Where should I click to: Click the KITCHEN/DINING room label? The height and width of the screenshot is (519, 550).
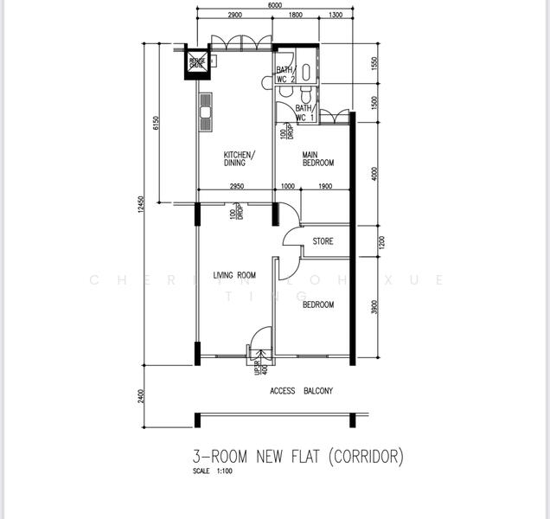point(234,158)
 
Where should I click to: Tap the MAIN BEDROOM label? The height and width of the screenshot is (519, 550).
point(317,159)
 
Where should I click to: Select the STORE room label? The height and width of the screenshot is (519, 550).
point(323,241)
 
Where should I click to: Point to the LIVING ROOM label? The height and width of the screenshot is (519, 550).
point(234,276)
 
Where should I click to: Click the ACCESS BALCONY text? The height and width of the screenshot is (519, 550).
point(302,391)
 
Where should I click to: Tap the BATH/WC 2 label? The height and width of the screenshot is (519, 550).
point(285,75)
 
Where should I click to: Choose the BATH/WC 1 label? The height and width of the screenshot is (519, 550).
point(304,112)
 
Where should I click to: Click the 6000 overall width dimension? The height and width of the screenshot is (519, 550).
point(275,6)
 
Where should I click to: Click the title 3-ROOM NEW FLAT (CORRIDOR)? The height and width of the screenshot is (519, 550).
point(298,455)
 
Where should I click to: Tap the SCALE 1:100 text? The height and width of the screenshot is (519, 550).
point(213,471)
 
